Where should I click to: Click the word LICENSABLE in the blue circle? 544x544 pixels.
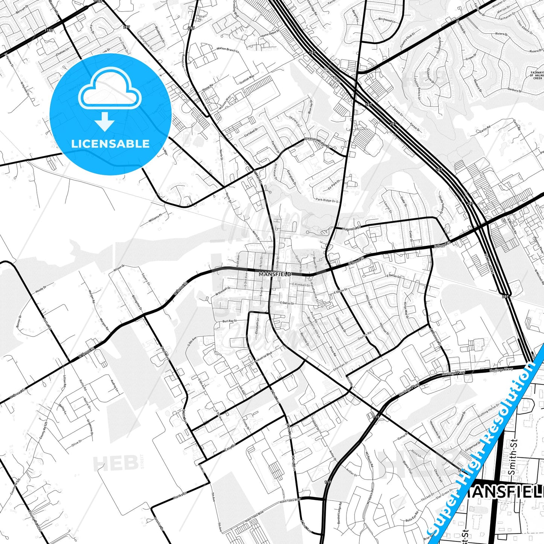pos(110,144)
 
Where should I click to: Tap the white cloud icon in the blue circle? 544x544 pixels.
pos(110,89)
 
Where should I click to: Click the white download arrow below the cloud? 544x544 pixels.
pos(105,121)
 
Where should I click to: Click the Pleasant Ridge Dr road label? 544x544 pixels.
pos(317,142)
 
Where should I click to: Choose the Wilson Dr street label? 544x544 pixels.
pos(119,268)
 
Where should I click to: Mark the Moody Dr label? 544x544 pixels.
pos(41,290)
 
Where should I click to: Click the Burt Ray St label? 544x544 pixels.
pos(230,321)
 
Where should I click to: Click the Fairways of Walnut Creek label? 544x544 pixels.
pos(536,75)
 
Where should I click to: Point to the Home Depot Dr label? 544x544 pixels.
pos(270,34)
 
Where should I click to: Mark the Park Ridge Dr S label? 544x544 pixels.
pos(327,200)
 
